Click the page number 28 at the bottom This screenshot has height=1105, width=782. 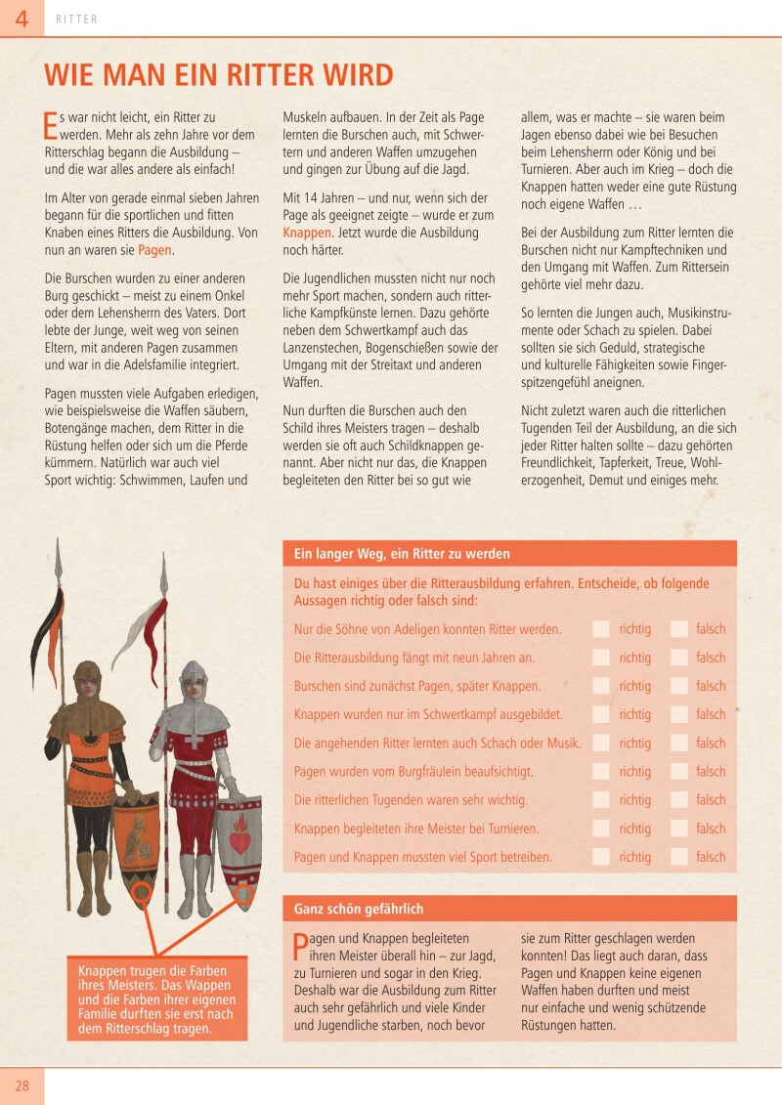22,1085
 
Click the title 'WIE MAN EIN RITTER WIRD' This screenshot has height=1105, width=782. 219,75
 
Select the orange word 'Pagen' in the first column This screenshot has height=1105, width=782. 154,250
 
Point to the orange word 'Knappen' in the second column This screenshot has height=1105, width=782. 307,233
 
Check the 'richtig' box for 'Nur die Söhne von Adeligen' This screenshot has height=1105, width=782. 601,629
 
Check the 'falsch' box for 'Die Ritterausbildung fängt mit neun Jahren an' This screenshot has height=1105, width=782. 679,658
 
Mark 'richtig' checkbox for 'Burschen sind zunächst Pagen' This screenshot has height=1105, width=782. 601,686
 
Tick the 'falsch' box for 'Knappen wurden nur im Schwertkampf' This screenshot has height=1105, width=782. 679,714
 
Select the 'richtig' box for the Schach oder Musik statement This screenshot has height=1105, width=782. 601,743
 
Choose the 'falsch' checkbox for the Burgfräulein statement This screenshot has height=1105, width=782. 679,771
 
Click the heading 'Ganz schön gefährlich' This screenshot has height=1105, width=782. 359,909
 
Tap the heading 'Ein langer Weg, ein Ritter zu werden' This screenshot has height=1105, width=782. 402,554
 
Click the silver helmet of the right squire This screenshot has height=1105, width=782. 194,676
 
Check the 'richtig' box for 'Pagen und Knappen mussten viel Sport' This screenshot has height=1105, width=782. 601,857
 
